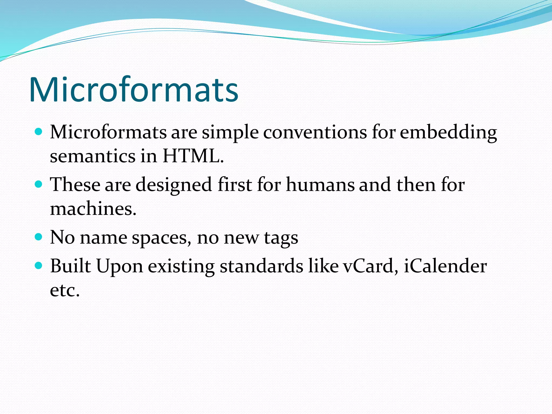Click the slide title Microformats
tap(133, 90)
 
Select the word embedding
tap(448, 133)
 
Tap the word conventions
tap(315, 132)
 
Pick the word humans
tap(320, 185)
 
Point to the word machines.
tap(93, 209)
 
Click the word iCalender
tap(445, 266)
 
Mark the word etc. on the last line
tap(65, 290)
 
